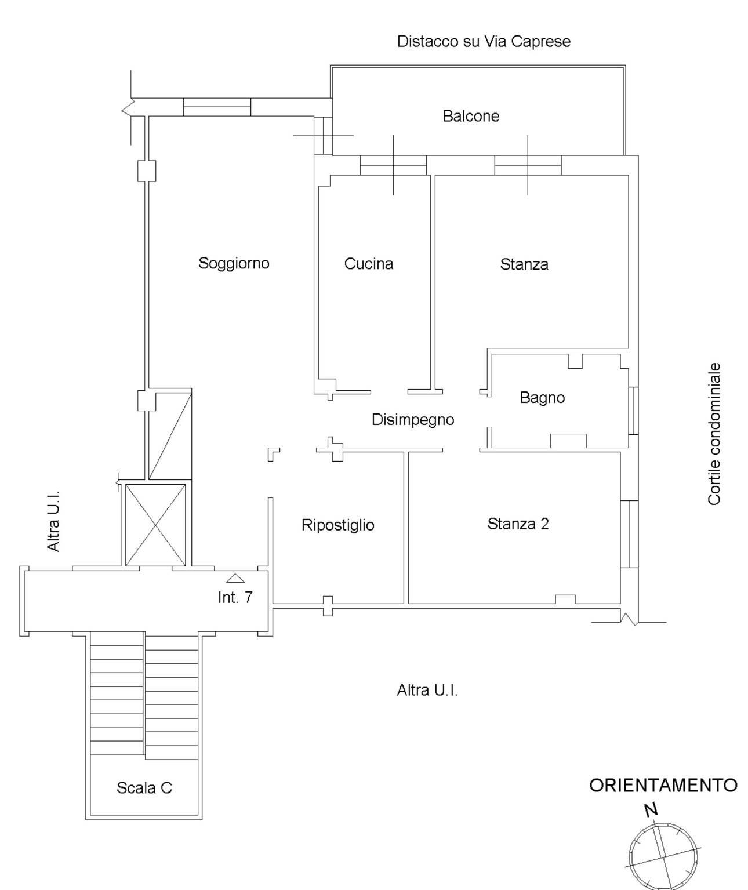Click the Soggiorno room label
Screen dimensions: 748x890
[x=234, y=263]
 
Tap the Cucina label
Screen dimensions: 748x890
[x=368, y=264]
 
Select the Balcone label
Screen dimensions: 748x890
[x=470, y=116]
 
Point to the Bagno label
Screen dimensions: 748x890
[x=542, y=398]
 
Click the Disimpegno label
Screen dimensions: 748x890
[x=413, y=420]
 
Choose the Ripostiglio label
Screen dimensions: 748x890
[x=337, y=525]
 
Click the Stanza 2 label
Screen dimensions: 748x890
[x=518, y=524]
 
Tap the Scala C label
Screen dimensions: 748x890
[x=144, y=788]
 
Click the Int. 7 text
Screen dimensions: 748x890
[x=235, y=598]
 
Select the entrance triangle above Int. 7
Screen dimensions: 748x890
[x=235, y=579]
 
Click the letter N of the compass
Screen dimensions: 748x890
[x=651, y=809]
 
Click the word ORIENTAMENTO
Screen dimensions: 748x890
[x=663, y=786]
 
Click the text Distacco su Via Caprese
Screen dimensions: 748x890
[x=484, y=41]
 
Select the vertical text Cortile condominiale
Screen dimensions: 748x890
[x=714, y=434]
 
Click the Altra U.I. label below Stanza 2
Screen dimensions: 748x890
[x=427, y=690]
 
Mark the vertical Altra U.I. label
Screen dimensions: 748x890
[x=53, y=521]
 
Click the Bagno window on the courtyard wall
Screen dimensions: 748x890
[x=633, y=411]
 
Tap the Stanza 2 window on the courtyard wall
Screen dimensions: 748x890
[x=629, y=534]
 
